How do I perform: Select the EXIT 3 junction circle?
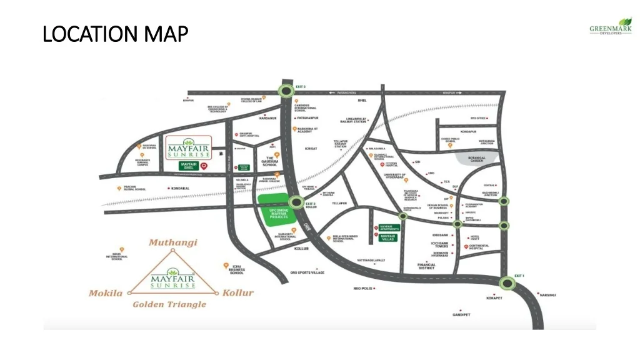[x=287, y=91]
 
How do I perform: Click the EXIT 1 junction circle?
[x=507, y=284]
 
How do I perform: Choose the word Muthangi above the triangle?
[x=173, y=242]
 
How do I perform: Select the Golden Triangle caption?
[x=169, y=304]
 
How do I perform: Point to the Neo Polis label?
[x=362, y=288]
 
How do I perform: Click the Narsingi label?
[x=547, y=294]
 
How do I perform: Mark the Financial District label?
[x=426, y=266]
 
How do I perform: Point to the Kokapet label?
[x=494, y=298]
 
